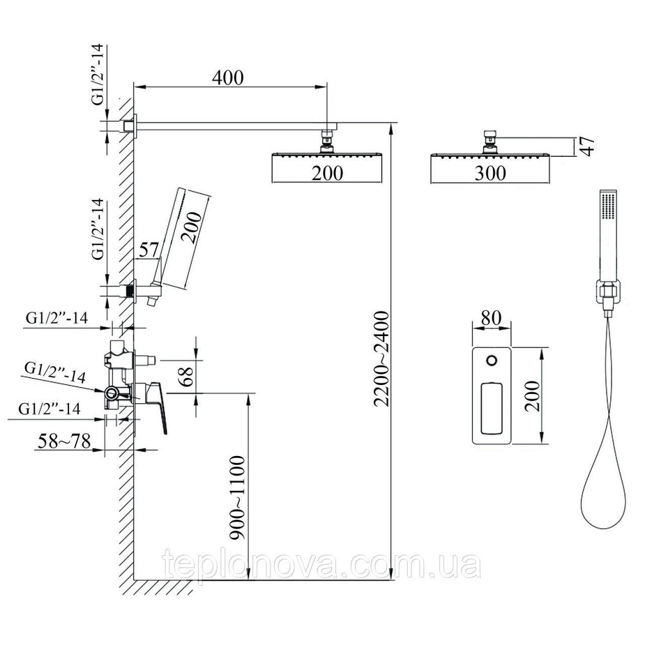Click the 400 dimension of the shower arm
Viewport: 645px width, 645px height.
pyautogui.click(x=228, y=78)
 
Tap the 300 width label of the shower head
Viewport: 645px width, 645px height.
pyautogui.click(x=490, y=173)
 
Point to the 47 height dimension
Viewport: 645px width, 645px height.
pyautogui.click(x=588, y=146)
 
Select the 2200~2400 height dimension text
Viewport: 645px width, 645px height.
pyautogui.click(x=381, y=359)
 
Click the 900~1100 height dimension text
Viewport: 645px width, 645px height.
pyautogui.click(x=237, y=497)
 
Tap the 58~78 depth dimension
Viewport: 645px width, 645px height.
pyautogui.click(x=64, y=441)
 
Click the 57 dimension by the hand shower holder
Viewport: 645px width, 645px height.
pyautogui.click(x=148, y=250)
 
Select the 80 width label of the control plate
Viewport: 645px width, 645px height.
pyautogui.click(x=491, y=317)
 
